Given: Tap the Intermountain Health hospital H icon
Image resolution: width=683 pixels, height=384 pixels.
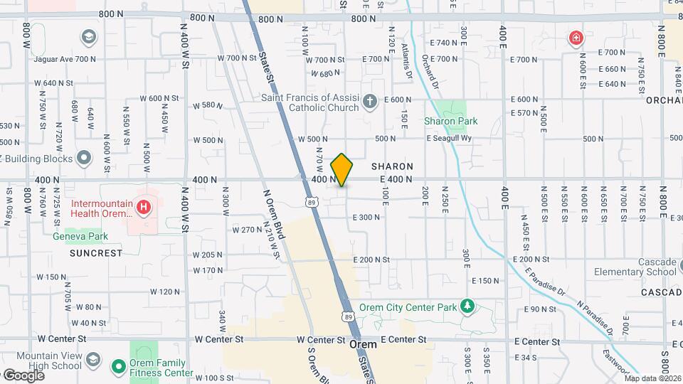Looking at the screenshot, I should [144, 208].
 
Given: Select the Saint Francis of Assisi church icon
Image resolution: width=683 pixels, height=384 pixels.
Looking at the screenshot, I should [369, 102].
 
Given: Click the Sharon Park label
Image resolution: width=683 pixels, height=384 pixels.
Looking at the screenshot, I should [450, 121].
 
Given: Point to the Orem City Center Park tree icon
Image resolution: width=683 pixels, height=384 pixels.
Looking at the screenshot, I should [467, 306].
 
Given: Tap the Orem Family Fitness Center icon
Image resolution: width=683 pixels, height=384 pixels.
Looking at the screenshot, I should [119, 367].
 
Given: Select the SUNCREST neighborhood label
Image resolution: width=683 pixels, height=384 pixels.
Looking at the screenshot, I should [96, 252].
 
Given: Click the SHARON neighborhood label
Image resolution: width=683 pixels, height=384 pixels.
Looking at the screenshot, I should [392, 166].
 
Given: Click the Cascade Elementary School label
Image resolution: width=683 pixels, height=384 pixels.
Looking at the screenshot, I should [637, 267].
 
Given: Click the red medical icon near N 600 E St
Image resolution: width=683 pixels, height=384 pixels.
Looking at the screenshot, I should [575, 38].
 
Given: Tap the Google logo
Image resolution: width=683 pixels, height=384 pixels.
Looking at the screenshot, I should [23, 375].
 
